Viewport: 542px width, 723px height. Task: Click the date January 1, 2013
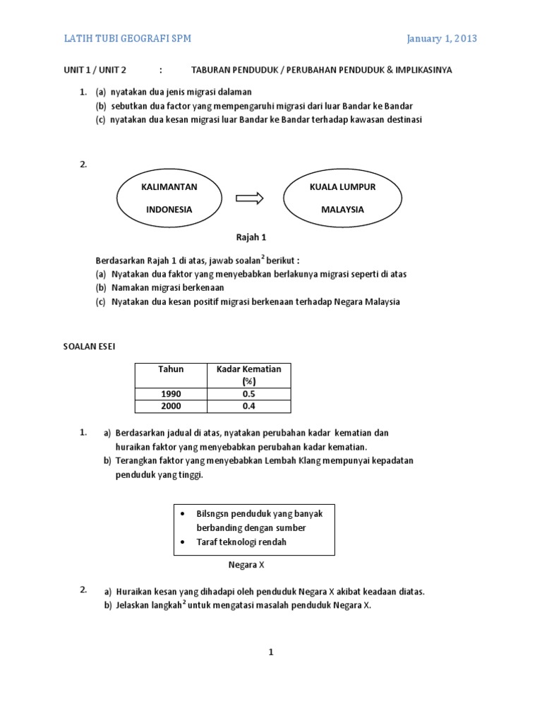pyautogui.click(x=442, y=39)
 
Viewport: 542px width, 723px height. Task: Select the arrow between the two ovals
pyautogui.click(x=249, y=198)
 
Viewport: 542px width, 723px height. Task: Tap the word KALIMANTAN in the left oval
pyautogui.click(x=169, y=186)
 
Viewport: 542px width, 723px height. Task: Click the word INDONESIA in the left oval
pyautogui.click(x=169, y=210)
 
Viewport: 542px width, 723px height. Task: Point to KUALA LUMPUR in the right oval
pyautogui.click(x=342, y=186)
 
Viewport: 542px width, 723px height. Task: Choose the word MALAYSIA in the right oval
pyautogui.click(x=342, y=210)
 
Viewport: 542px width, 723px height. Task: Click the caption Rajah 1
pyautogui.click(x=251, y=237)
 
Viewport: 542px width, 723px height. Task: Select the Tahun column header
pyautogui.click(x=171, y=369)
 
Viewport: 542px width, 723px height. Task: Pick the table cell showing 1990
pyautogui.click(x=171, y=394)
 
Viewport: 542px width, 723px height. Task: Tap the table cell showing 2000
pyautogui.click(x=171, y=406)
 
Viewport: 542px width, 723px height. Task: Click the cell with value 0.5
pyautogui.click(x=248, y=394)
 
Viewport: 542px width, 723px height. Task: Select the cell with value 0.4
pyautogui.click(x=248, y=406)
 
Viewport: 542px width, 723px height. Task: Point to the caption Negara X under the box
pyautogui.click(x=246, y=565)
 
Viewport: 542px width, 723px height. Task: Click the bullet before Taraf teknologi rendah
pyautogui.click(x=183, y=542)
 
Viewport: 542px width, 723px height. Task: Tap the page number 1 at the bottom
pyautogui.click(x=270, y=652)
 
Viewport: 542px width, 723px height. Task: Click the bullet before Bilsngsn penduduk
pyautogui.click(x=183, y=514)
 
